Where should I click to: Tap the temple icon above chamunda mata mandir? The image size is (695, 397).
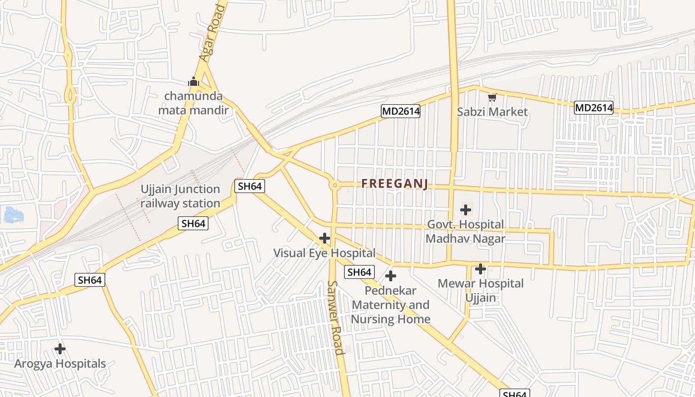tap(194, 81)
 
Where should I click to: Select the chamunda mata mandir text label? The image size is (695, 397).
tap(194, 103)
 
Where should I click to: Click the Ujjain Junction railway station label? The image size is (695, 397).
tap(180, 196)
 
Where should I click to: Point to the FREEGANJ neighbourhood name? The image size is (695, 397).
tap(395, 184)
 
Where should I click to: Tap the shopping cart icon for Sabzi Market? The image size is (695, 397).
tap(492, 97)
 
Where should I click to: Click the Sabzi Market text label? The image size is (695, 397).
tap(492, 112)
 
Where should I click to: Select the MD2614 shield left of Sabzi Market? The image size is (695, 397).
tap(401, 111)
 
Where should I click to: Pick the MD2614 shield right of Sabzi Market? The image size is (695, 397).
tap(594, 107)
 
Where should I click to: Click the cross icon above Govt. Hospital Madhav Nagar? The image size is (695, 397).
tap(466, 210)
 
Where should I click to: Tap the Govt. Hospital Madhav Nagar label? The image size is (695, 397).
tap(465, 231)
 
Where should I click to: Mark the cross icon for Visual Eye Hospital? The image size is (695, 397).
tap(325, 238)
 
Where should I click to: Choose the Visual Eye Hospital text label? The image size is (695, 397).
tap(324, 253)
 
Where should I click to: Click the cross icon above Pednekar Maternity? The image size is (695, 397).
tap(391, 275)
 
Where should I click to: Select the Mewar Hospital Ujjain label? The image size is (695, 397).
tap(480, 290)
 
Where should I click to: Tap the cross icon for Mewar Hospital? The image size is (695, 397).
tap(480, 269)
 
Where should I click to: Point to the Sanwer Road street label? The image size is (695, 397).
tap(336, 318)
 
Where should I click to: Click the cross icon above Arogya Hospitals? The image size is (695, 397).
tap(60, 349)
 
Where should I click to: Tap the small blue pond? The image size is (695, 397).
tap(13, 215)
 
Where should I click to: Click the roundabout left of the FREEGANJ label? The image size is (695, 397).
tap(335, 185)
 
